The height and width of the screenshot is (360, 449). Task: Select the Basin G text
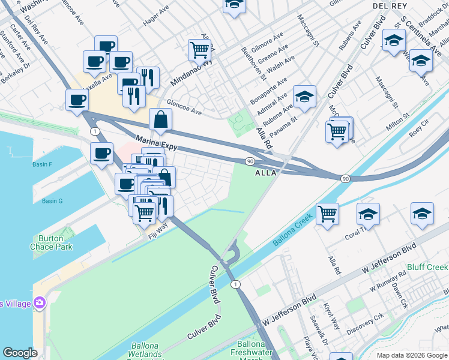52,201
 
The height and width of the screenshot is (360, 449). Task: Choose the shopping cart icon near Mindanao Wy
199,49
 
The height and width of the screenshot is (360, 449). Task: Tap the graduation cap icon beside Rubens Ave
305,96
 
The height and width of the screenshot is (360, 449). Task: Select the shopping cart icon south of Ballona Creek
327,212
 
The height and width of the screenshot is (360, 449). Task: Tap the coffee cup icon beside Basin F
101,153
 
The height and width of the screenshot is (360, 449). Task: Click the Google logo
20,353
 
